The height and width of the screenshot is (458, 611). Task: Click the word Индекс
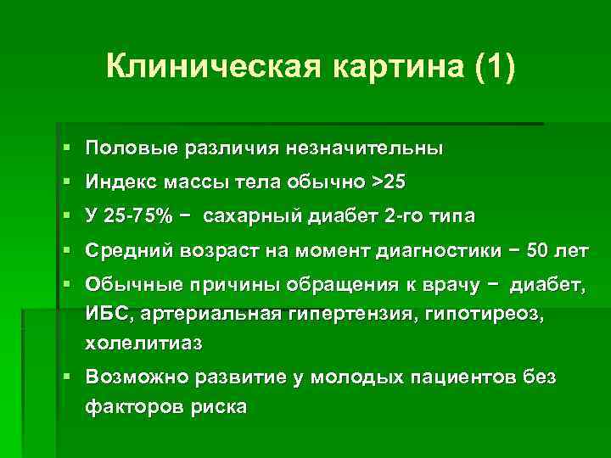pos(120,182)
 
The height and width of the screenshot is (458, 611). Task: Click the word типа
pos(453,216)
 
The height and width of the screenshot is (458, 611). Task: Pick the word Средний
pos(125,250)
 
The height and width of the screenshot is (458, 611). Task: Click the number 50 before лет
pos(540,250)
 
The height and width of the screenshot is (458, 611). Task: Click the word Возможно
pos(136,376)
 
